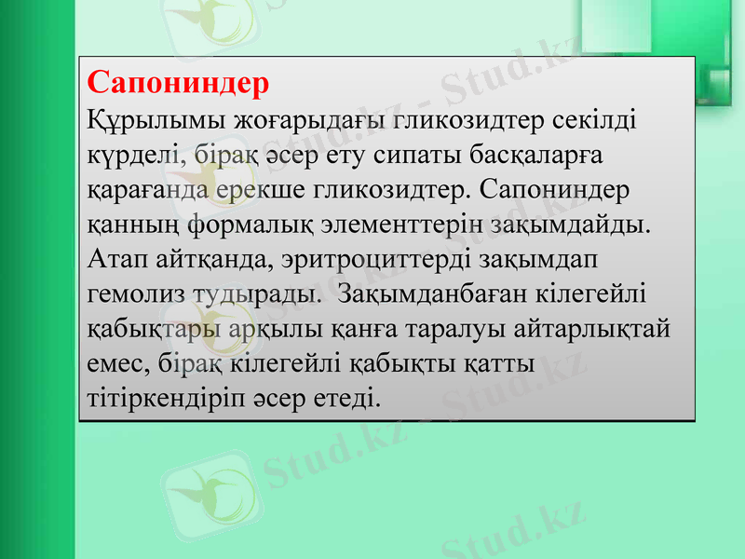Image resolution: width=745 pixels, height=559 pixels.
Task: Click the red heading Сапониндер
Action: pos(178,82)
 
